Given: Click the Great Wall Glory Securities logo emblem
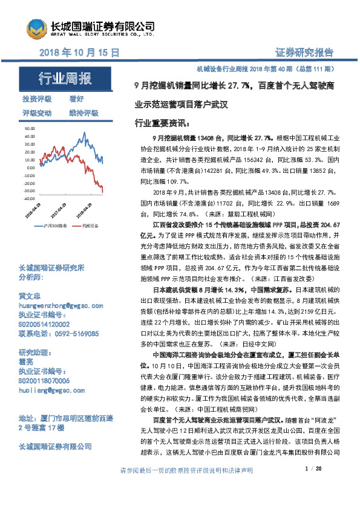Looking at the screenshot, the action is (37, 27).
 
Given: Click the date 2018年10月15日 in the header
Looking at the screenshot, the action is (79, 53).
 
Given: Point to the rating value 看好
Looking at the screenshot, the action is (76, 99).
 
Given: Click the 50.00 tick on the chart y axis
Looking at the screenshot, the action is (30, 129).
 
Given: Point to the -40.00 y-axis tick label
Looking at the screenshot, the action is (29, 198).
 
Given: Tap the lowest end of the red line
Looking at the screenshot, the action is (102, 192).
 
